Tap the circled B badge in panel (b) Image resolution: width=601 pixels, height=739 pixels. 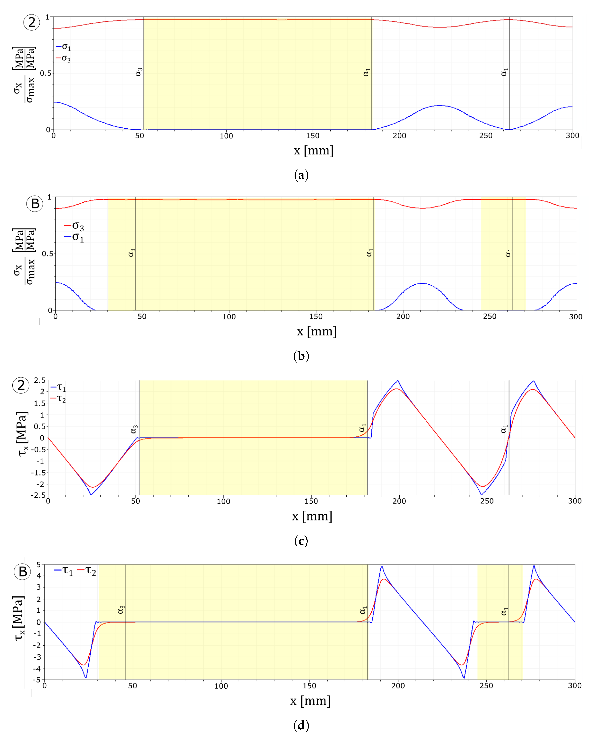[x=35, y=204]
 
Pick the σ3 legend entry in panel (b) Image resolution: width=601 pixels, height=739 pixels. [x=74, y=226]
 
